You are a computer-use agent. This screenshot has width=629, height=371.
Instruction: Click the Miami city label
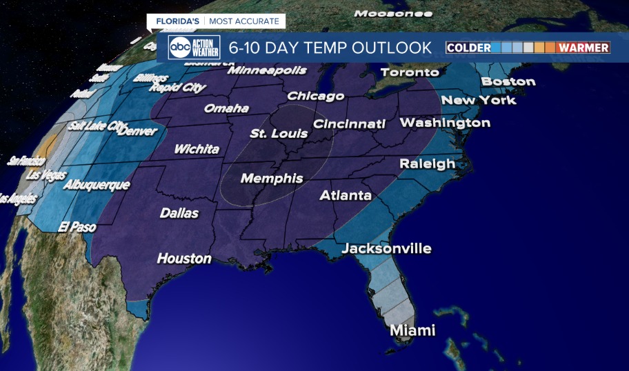click(412, 330)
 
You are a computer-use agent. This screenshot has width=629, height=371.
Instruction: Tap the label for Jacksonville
click(386, 248)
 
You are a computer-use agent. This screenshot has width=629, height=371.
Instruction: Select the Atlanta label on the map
click(346, 196)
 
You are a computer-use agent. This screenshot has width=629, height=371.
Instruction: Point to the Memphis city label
click(272, 179)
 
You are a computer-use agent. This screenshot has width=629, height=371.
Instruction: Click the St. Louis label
click(279, 133)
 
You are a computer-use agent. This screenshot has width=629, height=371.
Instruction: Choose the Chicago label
click(315, 96)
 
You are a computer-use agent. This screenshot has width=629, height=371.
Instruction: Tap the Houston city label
click(184, 259)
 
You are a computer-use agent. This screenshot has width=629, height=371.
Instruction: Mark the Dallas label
click(179, 213)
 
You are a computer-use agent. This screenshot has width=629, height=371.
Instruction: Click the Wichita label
click(197, 149)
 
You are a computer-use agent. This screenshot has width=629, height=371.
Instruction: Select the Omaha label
click(226, 109)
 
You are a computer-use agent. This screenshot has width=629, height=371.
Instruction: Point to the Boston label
click(508, 81)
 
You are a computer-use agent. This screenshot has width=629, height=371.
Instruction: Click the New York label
click(479, 101)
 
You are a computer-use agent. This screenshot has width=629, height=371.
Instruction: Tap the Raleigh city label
click(428, 164)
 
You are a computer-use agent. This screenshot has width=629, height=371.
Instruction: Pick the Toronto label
click(410, 72)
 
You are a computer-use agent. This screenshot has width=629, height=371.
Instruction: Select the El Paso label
click(77, 226)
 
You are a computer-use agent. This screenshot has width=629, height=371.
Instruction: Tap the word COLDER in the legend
click(468, 48)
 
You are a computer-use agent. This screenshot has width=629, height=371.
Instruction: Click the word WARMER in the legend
click(583, 48)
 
